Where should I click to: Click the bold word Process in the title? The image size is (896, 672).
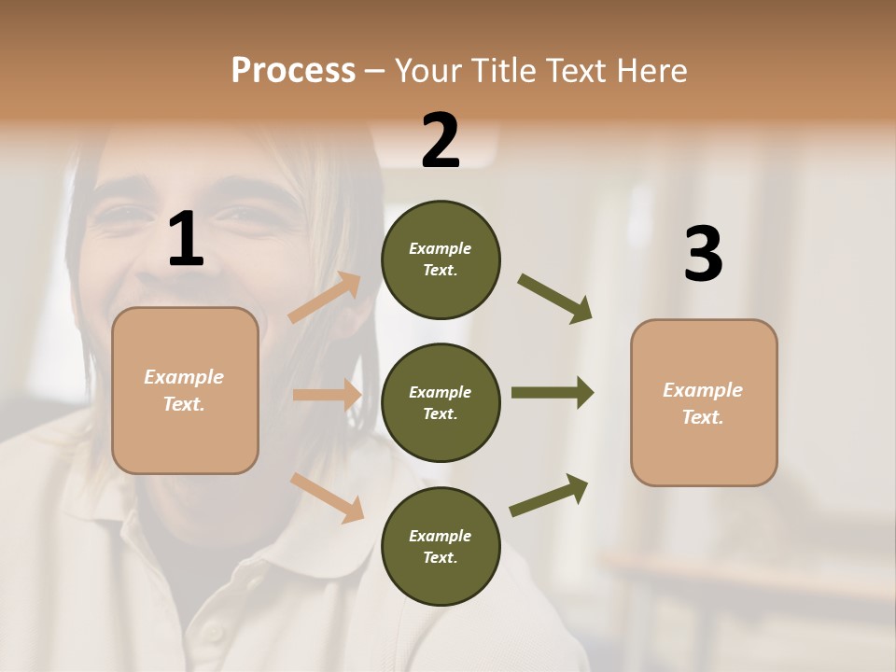(x=293, y=70)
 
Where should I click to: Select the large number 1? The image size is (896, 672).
(x=186, y=240)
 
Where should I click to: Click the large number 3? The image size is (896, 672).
(x=703, y=254)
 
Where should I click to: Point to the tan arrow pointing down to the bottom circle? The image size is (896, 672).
(x=328, y=497)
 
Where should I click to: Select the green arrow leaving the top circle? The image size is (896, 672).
(x=555, y=299)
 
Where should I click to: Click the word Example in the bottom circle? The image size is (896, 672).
(x=441, y=536)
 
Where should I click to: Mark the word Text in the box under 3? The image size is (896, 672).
(x=701, y=417)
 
